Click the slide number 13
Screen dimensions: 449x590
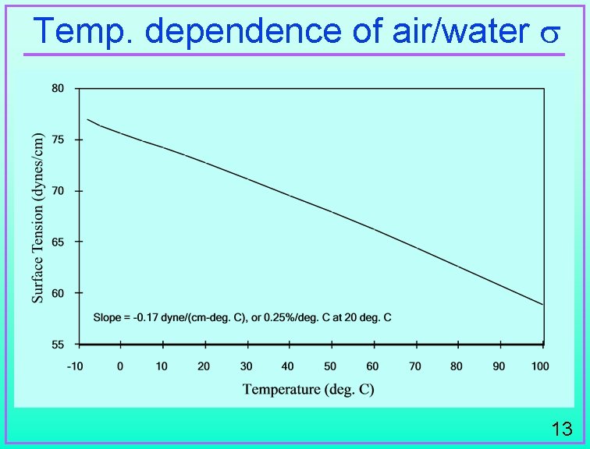pyautogui.click(x=561, y=428)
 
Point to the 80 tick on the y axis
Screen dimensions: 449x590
pyautogui.click(x=58, y=89)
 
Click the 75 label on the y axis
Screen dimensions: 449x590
pyautogui.click(x=58, y=140)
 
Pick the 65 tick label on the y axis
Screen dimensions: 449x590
pyautogui.click(x=58, y=242)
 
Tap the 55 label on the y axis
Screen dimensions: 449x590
pyautogui.click(x=58, y=344)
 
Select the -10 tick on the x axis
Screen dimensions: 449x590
pyautogui.click(x=76, y=366)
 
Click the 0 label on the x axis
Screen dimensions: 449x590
pyautogui.click(x=120, y=366)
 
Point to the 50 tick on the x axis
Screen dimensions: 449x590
pyautogui.click(x=330, y=366)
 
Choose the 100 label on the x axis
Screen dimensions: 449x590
pyautogui.click(x=541, y=366)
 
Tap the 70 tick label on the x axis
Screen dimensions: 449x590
pyautogui.click(x=414, y=366)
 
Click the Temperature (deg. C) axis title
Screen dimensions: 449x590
pyautogui.click(x=308, y=389)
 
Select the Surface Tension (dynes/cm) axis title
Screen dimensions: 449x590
pyautogui.click(x=37, y=216)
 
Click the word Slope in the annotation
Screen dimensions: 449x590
pyautogui.click(x=107, y=317)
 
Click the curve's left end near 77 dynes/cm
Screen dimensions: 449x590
pyautogui.click(x=88, y=119)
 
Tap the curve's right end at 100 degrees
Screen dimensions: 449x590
pyautogui.click(x=542, y=304)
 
